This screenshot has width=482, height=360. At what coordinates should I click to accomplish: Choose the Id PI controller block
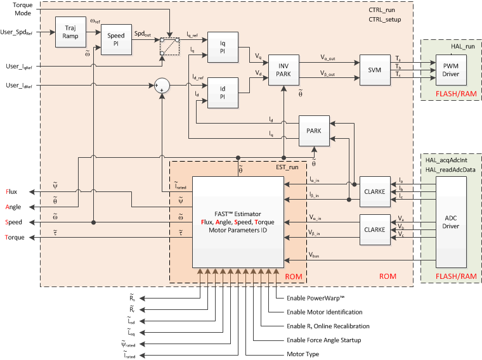(x=223, y=93)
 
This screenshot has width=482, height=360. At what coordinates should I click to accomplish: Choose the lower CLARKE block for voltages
(x=374, y=229)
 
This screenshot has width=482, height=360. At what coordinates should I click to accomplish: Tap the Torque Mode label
(x=22, y=10)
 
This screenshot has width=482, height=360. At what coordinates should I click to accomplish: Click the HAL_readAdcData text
(x=448, y=169)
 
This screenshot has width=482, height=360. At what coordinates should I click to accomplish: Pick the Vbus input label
(x=315, y=255)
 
